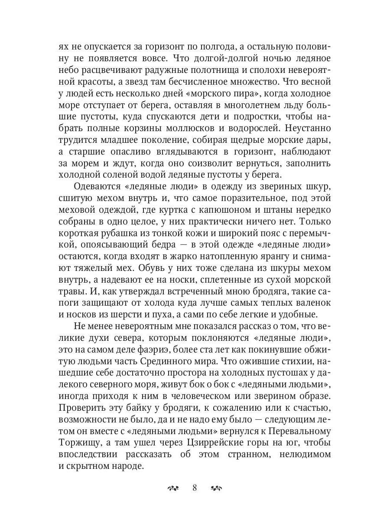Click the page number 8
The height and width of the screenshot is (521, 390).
(195, 488)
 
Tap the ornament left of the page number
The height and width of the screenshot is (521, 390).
(173, 488)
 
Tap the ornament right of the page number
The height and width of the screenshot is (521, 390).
(216, 488)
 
